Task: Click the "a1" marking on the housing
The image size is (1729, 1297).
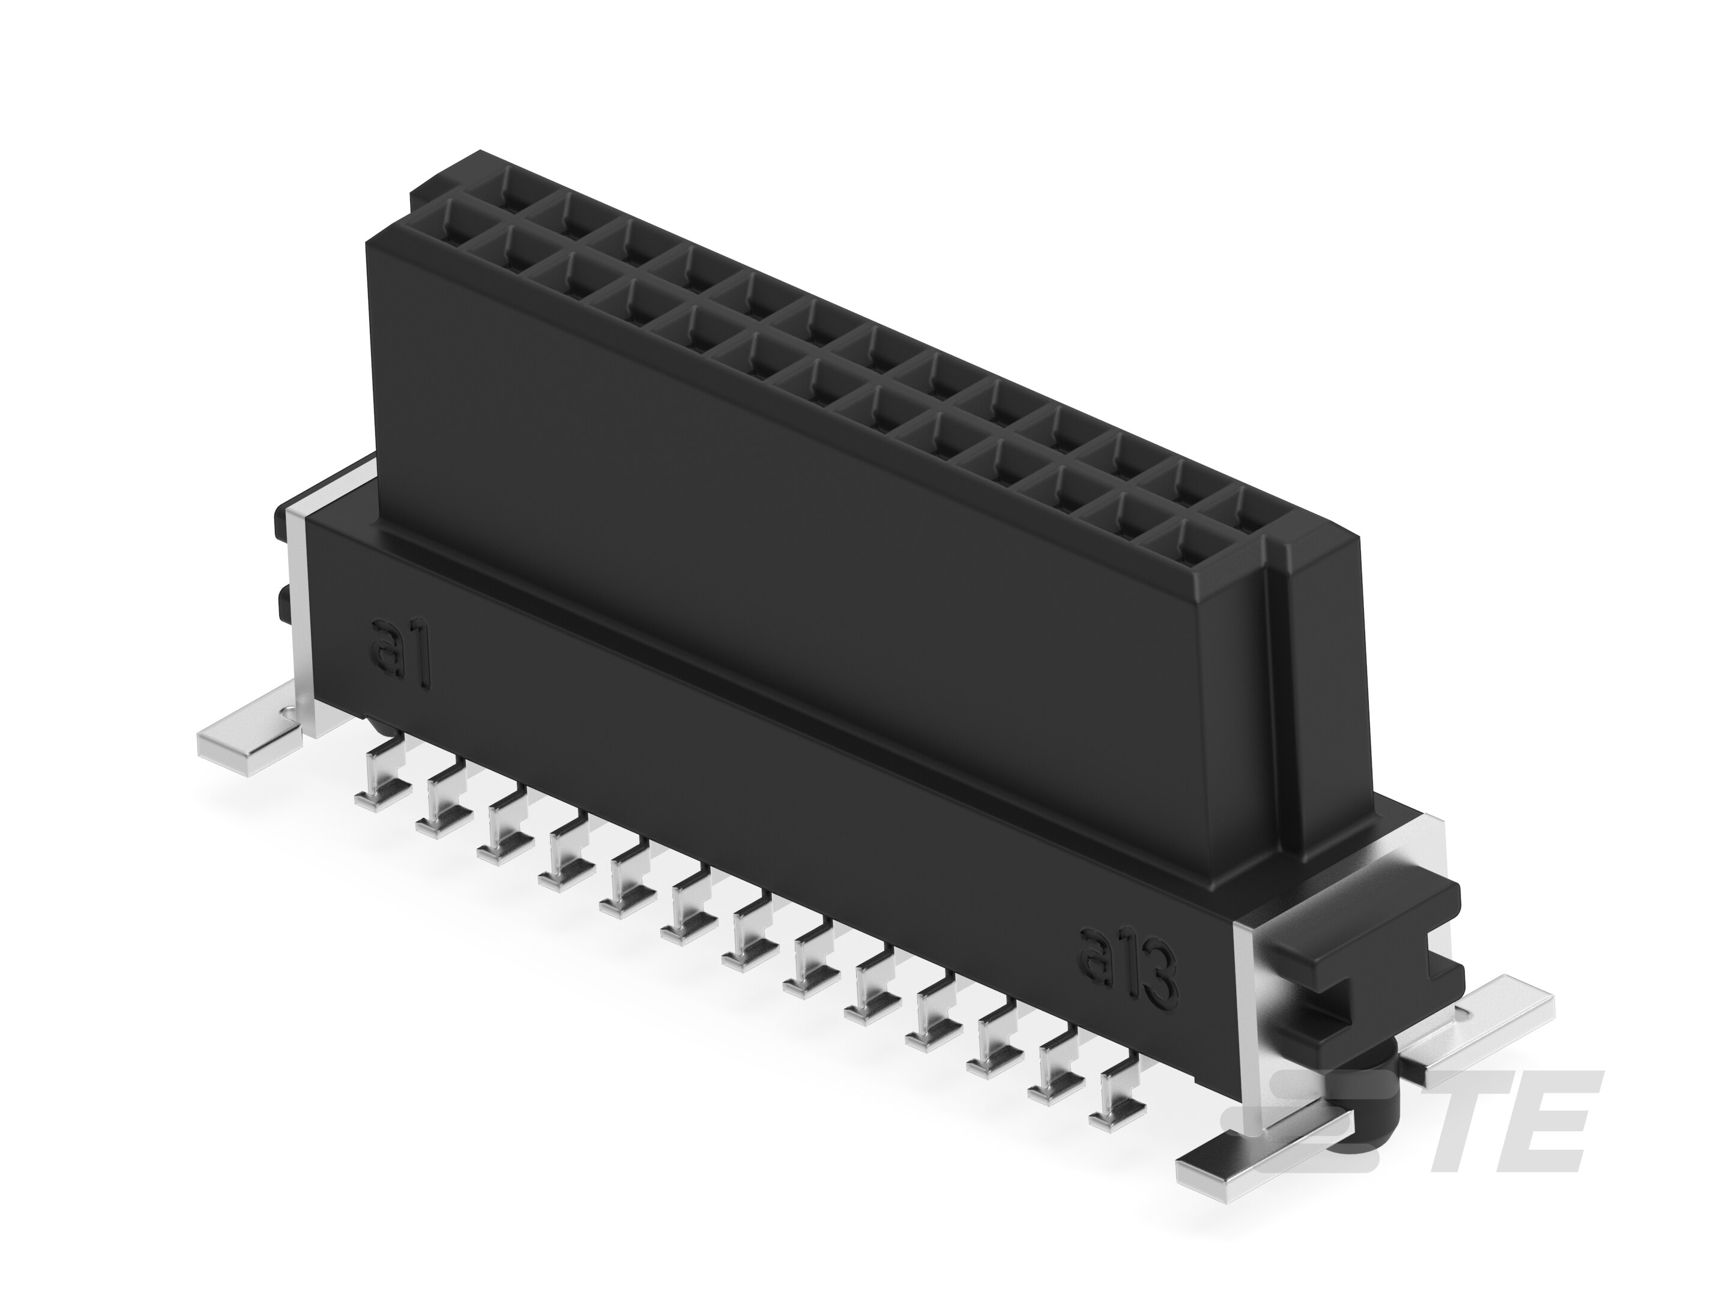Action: click(x=399, y=653)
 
